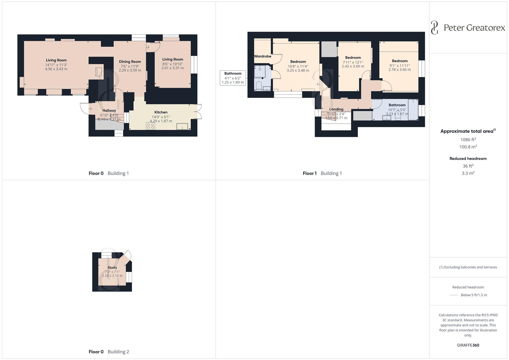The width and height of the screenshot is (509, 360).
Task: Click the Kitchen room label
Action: [x=161, y=112]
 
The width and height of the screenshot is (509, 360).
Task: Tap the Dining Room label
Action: [x=130, y=62]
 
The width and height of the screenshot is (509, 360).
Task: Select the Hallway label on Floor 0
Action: [x=109, y=111]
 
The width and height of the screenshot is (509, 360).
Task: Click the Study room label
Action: [x=112, y=268]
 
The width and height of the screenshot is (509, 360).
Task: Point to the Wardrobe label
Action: [x=263, y=56]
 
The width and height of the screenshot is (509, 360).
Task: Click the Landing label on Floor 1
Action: [x=336, y=109]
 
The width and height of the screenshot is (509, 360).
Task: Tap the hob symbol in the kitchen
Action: [x=150, y=126]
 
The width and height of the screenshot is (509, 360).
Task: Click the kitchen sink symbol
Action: [x=182, y=126]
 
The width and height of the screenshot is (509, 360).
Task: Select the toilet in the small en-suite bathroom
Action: [x=259, y=86]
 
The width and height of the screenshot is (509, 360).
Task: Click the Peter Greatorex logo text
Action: [x=474, y=28]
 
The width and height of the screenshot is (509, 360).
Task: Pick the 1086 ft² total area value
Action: [x=468, y=140]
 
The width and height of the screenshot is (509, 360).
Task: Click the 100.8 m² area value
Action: [x=468, y=147]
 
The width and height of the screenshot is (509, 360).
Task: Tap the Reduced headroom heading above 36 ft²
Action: [x=468, y=159]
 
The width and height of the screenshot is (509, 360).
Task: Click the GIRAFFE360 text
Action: [x=468, y=345]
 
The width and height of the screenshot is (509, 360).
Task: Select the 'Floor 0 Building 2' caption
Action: [x=109, y=352]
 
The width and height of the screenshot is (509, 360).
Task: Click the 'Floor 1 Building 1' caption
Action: [x=322, y=173]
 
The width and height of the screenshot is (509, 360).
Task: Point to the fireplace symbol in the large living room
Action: [x=98, y=72]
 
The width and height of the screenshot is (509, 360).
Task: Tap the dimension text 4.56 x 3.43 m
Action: [x=56, y=69]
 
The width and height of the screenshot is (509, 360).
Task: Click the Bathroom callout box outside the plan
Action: [x=233, y=78]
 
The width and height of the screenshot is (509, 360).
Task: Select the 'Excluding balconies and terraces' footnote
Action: [x=468, y=267]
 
